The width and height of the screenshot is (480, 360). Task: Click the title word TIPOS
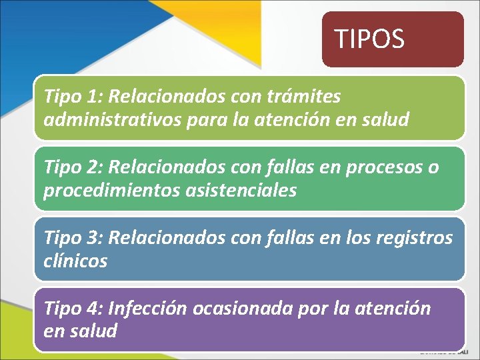(x=369, y=39)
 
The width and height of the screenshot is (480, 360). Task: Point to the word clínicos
(x=75, y=261)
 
